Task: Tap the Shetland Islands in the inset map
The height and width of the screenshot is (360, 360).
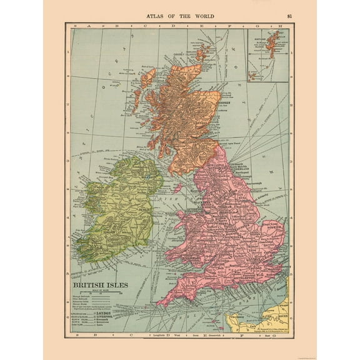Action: [x=271, y=41]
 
